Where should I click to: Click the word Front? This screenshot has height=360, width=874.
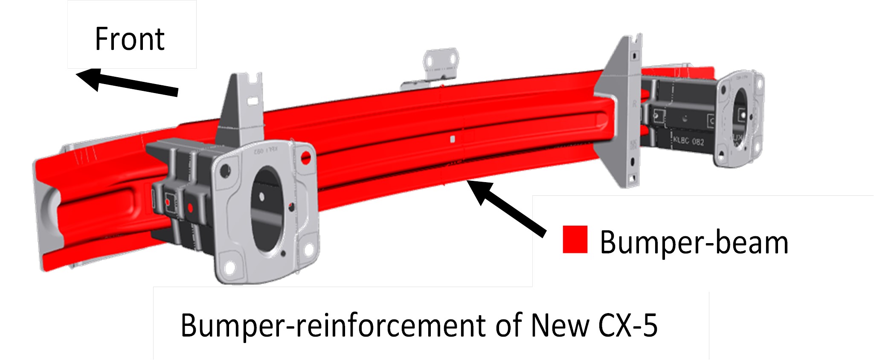tap(130, 39)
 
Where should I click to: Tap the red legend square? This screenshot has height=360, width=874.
tap(575, 239)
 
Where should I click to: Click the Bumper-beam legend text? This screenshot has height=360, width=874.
tap(694, 243)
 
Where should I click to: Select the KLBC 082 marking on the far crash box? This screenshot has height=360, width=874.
tap(688, 140)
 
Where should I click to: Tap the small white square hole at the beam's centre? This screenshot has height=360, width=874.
tap(453, 139)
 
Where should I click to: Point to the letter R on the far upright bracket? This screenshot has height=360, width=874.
tap(634, 104)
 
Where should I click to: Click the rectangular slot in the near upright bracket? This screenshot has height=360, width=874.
tap(253, 101)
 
